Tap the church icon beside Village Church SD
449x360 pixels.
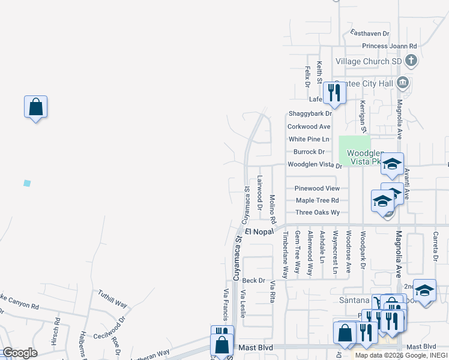[411, 61]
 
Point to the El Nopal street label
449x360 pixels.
[259, 231]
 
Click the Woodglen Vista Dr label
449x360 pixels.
[315, 164]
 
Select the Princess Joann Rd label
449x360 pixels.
[389, 46]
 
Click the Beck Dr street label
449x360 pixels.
[254, 280]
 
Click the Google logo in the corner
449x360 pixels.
[20, 353]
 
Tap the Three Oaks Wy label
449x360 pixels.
[318, 212]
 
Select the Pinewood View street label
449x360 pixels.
[317, 188]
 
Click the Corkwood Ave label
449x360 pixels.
[309, 127]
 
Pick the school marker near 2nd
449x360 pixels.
[424, 290]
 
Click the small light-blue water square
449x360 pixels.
[26, 183]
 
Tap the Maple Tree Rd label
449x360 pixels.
[317, 200]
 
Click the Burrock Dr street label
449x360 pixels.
[309, 152]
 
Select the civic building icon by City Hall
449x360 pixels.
[403, 82]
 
